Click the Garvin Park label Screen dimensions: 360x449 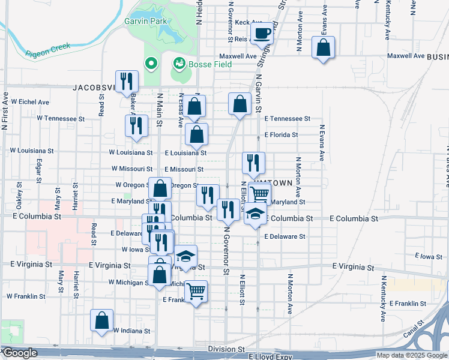pos(145,21)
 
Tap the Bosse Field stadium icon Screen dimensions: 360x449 pos(178,62)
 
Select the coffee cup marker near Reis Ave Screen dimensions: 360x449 pos(262,34)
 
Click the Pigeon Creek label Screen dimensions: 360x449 pos(48,49)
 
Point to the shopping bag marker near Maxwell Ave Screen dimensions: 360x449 pos(323,49)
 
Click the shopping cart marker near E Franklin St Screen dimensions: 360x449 pos(196,292)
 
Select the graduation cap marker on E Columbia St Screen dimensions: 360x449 pos(255,214)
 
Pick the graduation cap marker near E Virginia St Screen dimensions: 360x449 pos(186,256)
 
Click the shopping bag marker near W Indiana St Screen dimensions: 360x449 pos(102,320)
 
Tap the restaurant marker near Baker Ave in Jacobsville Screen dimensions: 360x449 pos(127,82)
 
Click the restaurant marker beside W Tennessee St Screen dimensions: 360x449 pos(136,126)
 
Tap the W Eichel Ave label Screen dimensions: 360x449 pos(30,103)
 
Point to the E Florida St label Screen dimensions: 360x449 pos(281,135)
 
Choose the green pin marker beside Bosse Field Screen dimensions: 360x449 pos(151,62)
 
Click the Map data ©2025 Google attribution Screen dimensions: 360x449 pos(411,355)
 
